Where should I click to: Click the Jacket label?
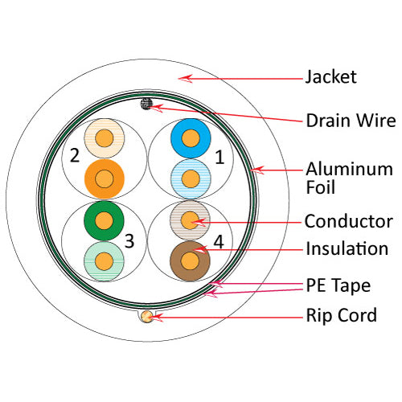330,78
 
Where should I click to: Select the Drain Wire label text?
350,121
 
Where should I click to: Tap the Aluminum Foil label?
349,178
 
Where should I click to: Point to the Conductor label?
348,221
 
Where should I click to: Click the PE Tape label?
338,285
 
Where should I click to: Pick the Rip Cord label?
341,315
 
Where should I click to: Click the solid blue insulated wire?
190,139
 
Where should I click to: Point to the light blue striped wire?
190,176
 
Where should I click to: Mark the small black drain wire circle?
146,103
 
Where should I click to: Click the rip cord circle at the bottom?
146,317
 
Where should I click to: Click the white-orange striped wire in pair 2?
104,138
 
